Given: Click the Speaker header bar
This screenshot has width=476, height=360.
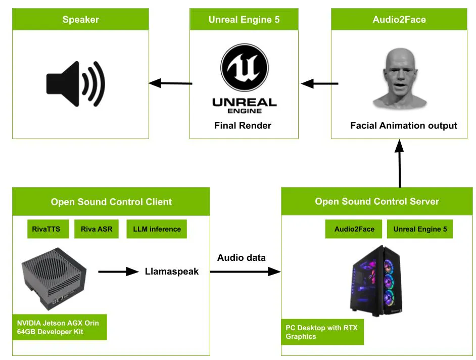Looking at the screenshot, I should pyautogui.click(x=80, y=20).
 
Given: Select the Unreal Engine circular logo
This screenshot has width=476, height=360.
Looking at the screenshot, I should pyautogui.click(x=244, y=68).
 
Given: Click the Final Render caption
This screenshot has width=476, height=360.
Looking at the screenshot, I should pyautogui.click(x=243, y=125).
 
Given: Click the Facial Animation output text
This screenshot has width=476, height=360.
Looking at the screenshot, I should pyautogui.click(x=403, y=125).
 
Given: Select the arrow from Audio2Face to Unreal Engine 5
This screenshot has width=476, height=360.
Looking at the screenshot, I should pyautogui.click(x=319, y=83).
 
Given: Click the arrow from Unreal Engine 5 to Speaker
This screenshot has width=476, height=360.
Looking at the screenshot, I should pyautogui.click(x=170, y=83).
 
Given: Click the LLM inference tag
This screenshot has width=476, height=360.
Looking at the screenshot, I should pyautogui.click(x=157, y=229).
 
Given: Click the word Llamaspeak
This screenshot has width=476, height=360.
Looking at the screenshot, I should pyautogui.click(x=172, y=272).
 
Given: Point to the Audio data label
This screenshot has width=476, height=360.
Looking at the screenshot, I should pyautogui.click(x=241, y=257).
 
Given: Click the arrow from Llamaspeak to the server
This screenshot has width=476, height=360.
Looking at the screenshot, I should pyautogui.click(x=245, y=272).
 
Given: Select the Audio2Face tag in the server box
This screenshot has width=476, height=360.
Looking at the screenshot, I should pyautogui.click(x=354, y=229).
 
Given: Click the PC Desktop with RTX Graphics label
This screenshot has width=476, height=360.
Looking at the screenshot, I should pyautogui.click(x=322, y=332).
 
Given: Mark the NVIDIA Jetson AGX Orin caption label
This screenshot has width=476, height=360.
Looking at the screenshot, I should pyautogui.click(x=60, y=327).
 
